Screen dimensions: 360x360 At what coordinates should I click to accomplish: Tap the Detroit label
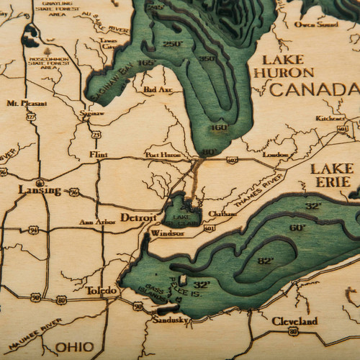coord(138,217)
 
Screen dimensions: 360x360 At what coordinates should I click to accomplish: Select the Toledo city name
coord(101,290)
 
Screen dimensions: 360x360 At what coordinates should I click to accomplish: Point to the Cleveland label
coord(294,320)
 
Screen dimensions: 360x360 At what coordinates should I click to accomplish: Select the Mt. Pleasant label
coord(22,103)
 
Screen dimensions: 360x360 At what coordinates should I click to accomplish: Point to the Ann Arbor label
coord(96,222)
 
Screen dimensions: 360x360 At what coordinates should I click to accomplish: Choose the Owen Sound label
coord(315,24)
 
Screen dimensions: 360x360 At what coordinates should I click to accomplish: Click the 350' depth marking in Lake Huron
coord(207,58)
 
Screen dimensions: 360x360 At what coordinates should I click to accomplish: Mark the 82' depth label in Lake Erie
coord(266,261)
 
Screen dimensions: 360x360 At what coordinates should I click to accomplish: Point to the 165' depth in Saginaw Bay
coord(127,63)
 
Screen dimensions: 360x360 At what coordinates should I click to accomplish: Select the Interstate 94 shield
coord(33,230)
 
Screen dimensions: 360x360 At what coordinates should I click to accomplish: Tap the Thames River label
coord(256,186)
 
